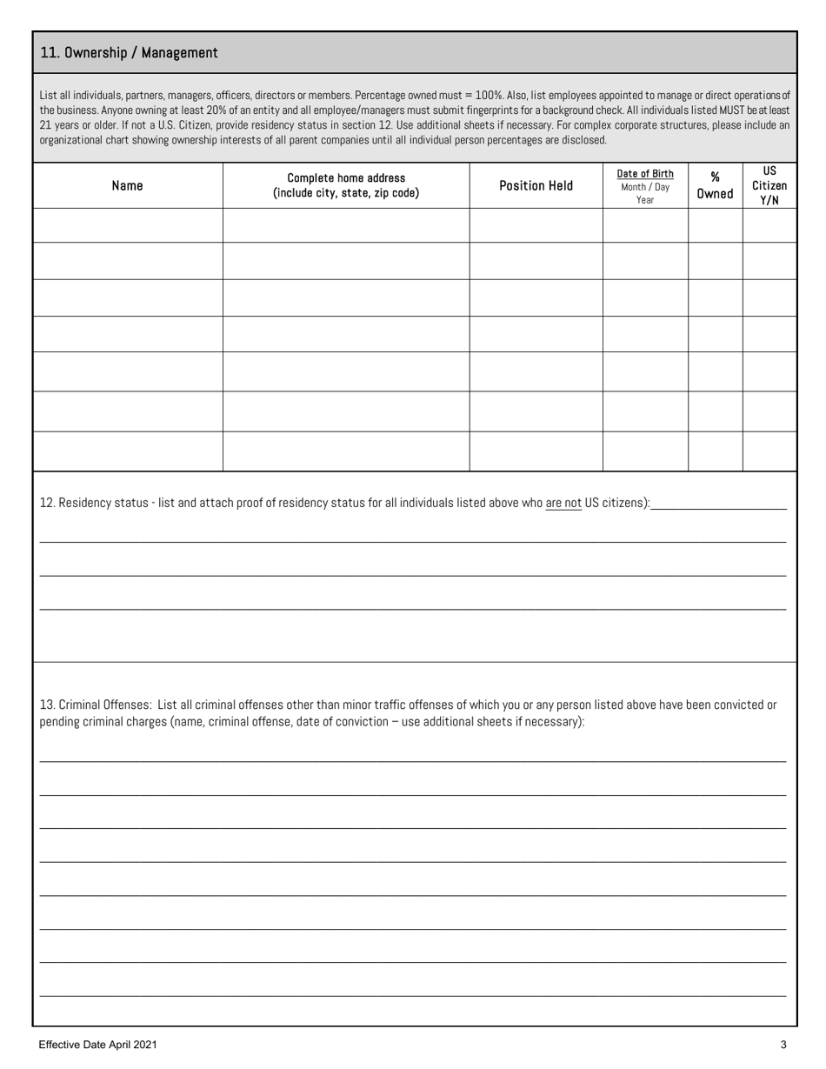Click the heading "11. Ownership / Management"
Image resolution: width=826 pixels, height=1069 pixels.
129,53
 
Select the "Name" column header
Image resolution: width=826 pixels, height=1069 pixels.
128,185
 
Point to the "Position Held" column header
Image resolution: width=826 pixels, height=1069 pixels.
536,185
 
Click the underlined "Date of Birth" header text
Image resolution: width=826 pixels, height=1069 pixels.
645,173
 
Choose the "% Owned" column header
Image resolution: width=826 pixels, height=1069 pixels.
715,185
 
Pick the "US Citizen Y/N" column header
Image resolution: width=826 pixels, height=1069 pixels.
769,185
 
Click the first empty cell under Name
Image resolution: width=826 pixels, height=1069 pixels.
128,224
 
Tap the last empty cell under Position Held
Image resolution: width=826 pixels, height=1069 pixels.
536,451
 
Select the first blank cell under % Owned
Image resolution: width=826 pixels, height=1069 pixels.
715,224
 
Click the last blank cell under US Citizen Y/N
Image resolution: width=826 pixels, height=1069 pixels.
769,451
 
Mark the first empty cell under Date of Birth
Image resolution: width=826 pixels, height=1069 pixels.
645,224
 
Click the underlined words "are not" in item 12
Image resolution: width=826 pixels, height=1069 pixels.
563,503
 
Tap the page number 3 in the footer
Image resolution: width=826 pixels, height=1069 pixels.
783,1045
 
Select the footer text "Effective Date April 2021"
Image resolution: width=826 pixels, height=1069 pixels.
97,1045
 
